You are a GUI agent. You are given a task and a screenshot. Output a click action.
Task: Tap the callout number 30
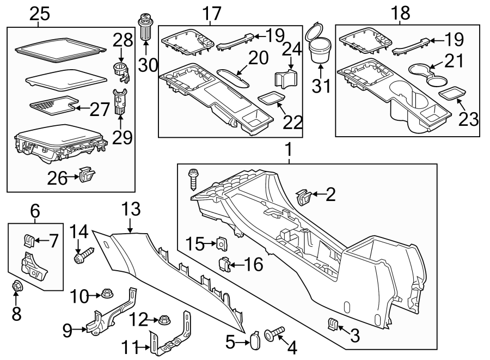click(147, 65)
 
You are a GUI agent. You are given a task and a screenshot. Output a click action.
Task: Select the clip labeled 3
click(332, 325)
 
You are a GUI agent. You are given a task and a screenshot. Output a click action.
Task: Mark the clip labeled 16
click(224, 264)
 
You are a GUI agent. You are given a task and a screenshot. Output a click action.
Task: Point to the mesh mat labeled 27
click(51, 102)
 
